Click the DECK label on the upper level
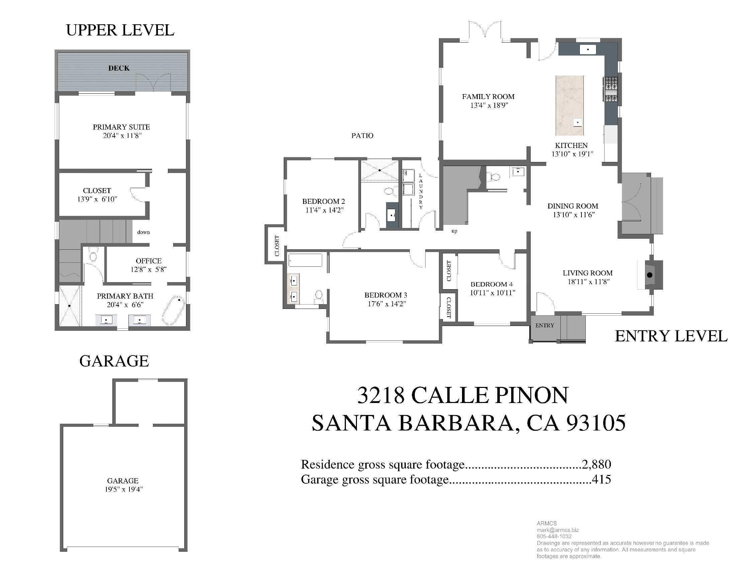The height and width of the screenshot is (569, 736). click(119, 68)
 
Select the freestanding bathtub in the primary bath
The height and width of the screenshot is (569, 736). click(174, 311)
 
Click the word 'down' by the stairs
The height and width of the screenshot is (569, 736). click(143, 232)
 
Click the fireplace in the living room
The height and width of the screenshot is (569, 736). click(650, 275)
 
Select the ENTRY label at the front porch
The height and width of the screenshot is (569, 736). click(545, 325)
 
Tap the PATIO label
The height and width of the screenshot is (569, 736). click(362, 136)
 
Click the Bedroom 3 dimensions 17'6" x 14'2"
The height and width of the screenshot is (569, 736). click(386, 304)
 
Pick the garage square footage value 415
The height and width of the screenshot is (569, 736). click(601, 479)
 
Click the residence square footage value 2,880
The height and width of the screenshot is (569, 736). click(596, 464)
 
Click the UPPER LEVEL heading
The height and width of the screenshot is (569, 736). click(120, 30)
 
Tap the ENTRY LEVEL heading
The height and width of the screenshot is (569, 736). click(671, 336)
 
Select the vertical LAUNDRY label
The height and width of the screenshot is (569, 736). click(421, 191)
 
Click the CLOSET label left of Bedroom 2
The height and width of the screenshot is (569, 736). click(277, 246)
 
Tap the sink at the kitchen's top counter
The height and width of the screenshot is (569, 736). click(588, 50)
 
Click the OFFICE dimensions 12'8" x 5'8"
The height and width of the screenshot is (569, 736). click(148, 269)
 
